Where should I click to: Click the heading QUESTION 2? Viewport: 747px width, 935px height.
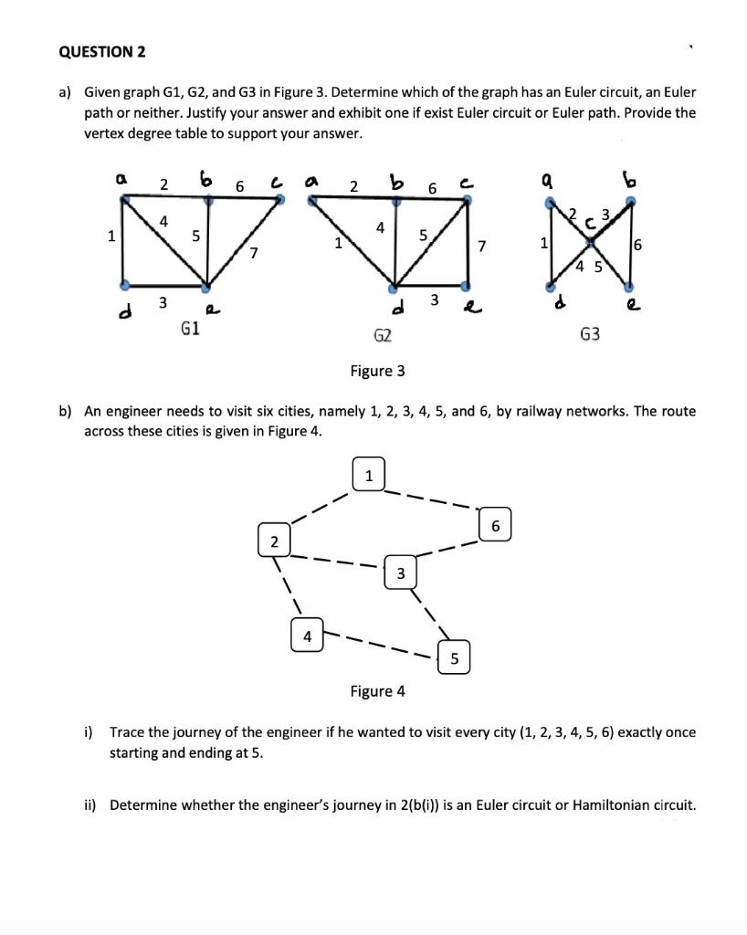(x=101, y=52)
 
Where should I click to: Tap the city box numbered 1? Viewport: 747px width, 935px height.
(x=368, y=476)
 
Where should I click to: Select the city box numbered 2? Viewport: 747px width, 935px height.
(x=273, y=542)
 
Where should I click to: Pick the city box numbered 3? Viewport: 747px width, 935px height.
(x=400, y=573)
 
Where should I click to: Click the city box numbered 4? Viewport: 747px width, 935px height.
(x=308, y=636)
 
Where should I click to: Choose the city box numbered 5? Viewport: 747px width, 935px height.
(x=454, y=657)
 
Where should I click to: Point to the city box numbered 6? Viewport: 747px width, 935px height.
(x=495, y=526)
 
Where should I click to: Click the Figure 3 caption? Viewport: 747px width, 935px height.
(x=377, y=371)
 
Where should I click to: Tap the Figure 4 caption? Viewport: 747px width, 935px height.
(x=377, y=691)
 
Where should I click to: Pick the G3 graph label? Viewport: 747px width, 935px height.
(x=590, y=335)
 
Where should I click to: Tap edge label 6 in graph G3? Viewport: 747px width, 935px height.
(x=637, y=245)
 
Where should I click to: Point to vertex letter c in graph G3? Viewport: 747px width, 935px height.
(x=589, y=221)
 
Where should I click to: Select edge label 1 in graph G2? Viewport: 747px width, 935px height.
(x=339, y=243)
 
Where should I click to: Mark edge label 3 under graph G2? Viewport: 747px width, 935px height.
(x=435, y=299)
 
